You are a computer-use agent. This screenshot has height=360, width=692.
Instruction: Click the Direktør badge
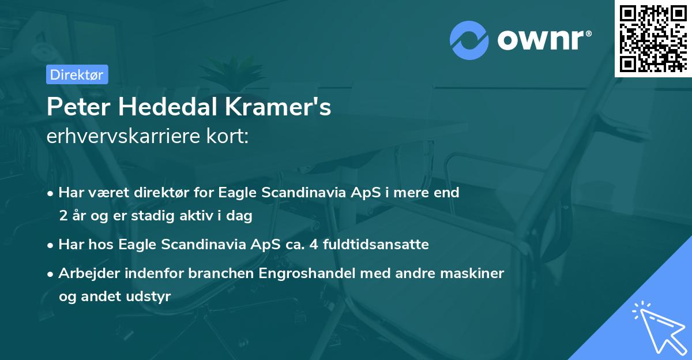(77, 74)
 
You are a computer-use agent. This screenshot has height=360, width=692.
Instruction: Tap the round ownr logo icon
(469, 40)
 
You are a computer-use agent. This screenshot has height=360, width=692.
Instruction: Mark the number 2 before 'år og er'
(62, 216)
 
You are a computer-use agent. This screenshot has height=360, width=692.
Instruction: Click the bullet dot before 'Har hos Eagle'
(51, 245)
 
